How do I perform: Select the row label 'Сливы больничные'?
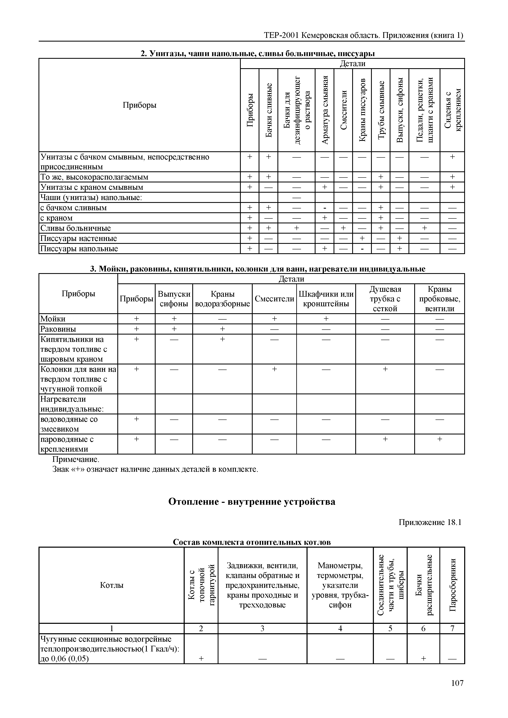[75, 228]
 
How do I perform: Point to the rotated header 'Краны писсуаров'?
[362, 110]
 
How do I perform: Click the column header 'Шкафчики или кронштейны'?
[326, 299]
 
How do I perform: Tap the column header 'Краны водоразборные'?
[222, 299]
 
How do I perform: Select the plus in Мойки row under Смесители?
[274, 319]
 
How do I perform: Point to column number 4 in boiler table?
[340, 629]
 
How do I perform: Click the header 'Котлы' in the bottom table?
[112, 585]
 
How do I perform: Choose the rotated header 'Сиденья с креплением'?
[452, 110]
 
